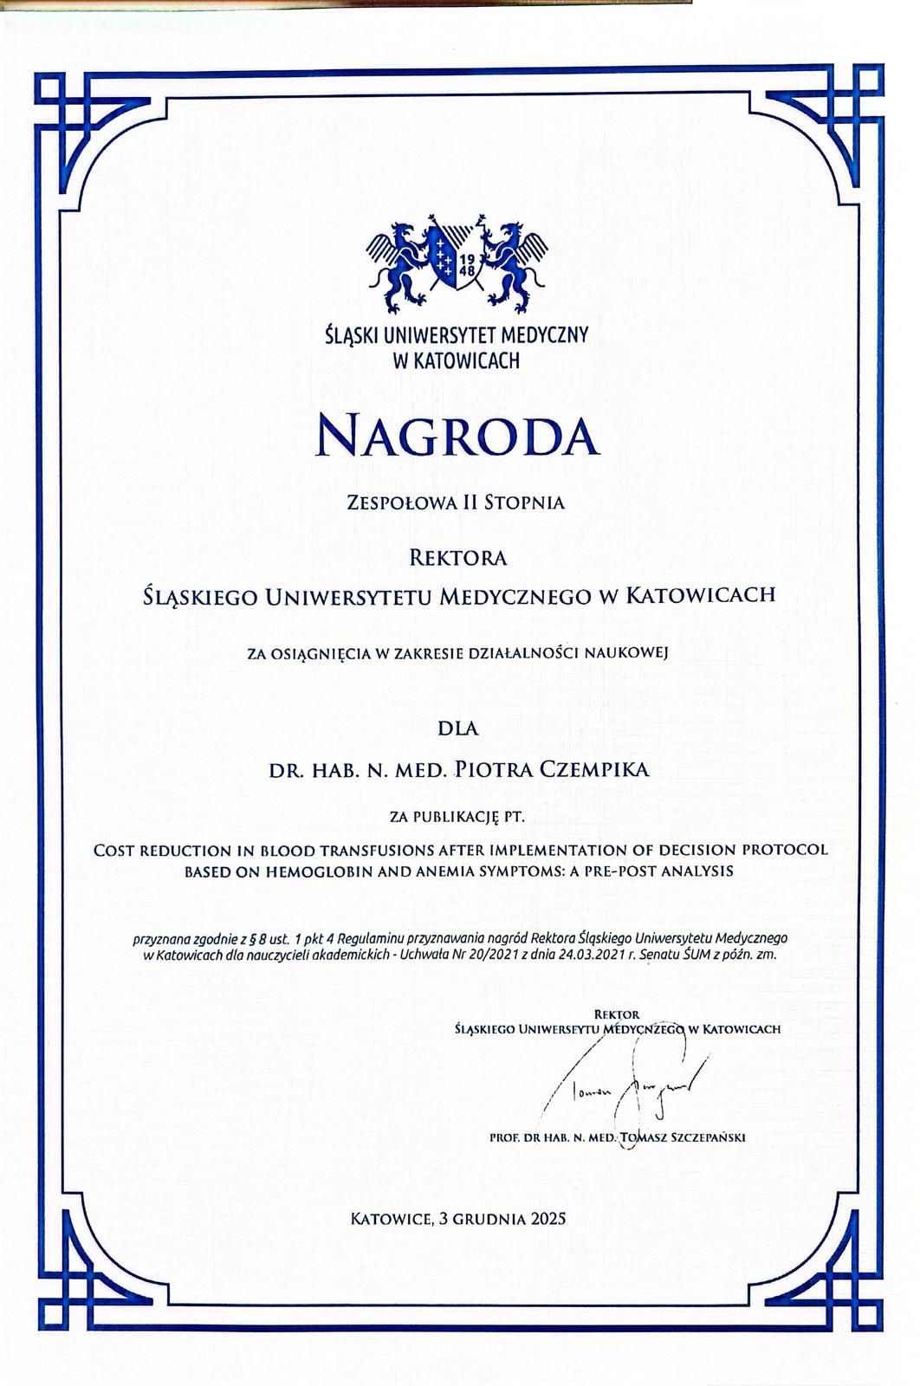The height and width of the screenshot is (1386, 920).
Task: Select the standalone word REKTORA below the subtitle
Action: (457, 558)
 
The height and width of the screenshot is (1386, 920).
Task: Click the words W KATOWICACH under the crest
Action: (457, 359)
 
